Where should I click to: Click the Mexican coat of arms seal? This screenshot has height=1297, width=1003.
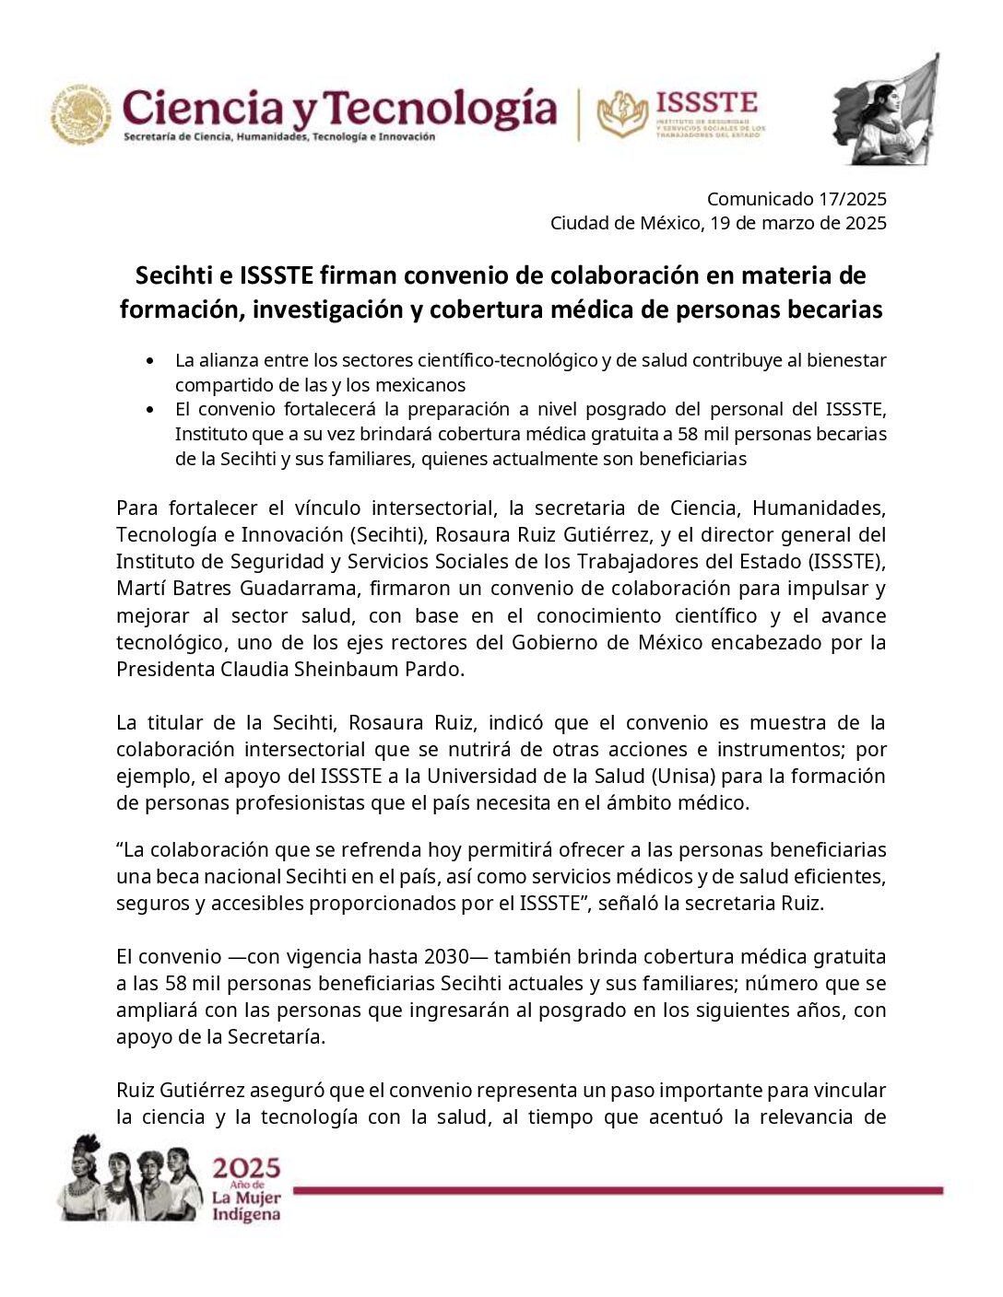pos(80,115)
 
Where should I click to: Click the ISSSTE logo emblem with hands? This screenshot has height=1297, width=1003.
pos(622,114)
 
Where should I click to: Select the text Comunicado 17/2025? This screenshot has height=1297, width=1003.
pos(796,199)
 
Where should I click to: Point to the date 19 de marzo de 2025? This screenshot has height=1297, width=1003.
pos(798,223)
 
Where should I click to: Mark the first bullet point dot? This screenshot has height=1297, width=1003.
pos(150,360)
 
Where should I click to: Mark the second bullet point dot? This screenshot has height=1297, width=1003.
pos(150,409)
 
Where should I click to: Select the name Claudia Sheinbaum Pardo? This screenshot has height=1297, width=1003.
pos(341,670)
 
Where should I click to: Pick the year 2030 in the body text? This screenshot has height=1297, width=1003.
pos(446,957)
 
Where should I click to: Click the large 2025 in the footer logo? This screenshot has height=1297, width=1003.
pos(246,1169)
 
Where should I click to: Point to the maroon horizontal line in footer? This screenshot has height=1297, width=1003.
pos(618,1190)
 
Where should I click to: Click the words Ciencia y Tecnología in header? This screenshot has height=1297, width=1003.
pos(339,109)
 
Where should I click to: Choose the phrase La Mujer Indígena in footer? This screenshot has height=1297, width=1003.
pos(246,1206)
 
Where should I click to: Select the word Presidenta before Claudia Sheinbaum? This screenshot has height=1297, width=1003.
pos(165,670)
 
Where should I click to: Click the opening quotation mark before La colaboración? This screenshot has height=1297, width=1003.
pos(120,848)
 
